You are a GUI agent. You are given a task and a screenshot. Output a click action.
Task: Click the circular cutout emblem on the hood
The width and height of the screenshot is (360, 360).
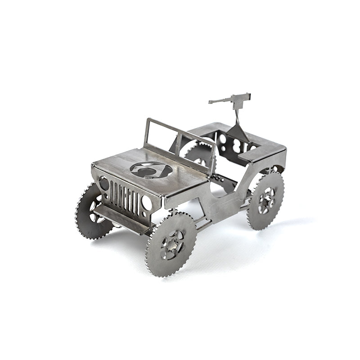(151, 170)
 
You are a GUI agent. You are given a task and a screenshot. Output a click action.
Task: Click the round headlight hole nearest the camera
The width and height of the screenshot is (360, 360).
(147, 203)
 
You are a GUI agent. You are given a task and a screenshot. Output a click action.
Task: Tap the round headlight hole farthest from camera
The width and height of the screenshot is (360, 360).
(104, 183)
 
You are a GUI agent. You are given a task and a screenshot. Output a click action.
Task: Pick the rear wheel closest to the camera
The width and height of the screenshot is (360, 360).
(265, 201)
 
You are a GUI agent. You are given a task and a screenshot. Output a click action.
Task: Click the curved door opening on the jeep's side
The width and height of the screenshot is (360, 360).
(225, 189)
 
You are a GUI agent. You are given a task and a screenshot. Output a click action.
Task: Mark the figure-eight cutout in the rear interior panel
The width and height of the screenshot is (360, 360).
(237, 145)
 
